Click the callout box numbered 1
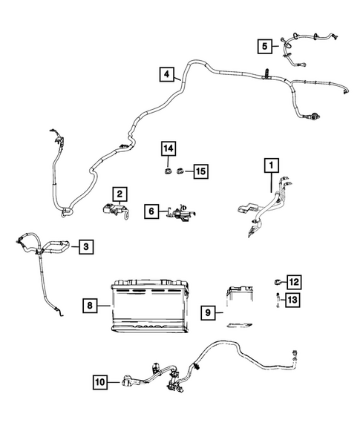coord(271,164)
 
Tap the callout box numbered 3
coord(86,246)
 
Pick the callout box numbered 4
coord(167,74)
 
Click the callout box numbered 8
coord(88,306)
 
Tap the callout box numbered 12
coord(293,282)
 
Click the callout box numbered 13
coord(293,300)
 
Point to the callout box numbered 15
coord(200,171)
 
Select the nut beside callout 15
coord(183,171)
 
